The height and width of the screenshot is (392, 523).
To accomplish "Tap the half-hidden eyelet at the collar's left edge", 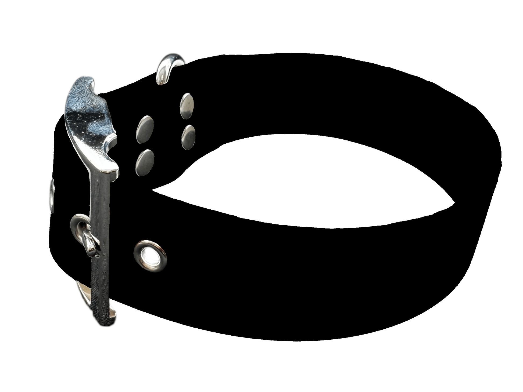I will pyautogui.click(x=52, y=192).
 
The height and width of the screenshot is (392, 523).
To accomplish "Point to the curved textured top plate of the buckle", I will pyautogui.click(x=89, y=107).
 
